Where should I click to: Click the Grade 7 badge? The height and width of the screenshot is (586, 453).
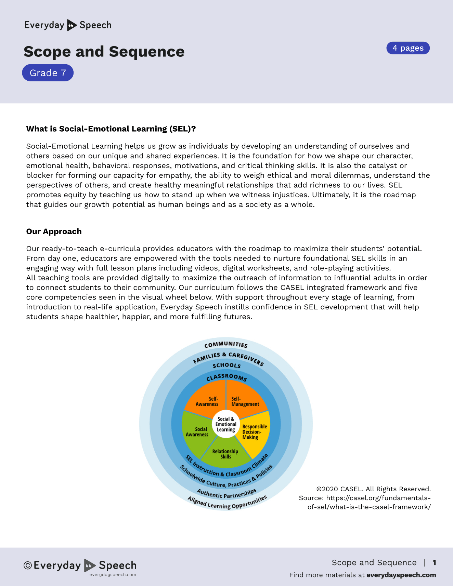[x=48, y=73]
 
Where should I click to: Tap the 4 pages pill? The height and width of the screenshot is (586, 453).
[x=408, y=48]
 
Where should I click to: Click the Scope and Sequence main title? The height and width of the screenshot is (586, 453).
[x=104, y=52]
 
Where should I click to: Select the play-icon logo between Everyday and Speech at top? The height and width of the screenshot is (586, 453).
[x=72, y=25]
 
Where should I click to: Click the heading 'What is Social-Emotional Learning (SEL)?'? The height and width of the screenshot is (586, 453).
[x=111, y=129]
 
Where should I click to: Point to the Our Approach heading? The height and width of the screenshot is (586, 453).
[x=54, y=231]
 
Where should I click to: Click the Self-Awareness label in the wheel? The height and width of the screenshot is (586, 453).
[x=207, y=401]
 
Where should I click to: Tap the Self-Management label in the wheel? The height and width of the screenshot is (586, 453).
[x=245, y=401]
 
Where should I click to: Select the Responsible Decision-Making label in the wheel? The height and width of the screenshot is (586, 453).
[x=254, y=432]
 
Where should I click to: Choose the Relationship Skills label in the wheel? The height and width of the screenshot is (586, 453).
[x=225, y=454]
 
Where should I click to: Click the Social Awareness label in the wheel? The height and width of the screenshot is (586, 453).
[x=197, y=432]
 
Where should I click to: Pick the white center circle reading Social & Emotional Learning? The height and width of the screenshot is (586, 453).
[x=226, y=424]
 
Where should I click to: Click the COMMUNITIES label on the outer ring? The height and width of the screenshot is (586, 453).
[x=226, y=345]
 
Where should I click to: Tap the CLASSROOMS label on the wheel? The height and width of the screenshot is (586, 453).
[x=226, y=377]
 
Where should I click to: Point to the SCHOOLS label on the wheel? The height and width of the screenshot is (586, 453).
[x=226, y=365]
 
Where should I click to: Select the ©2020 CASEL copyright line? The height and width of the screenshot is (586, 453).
[x=373, y=489]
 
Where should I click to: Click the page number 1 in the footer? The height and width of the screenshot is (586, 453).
[x=434, y=562]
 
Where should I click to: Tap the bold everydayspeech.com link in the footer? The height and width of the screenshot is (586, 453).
[x=401, y=575]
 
